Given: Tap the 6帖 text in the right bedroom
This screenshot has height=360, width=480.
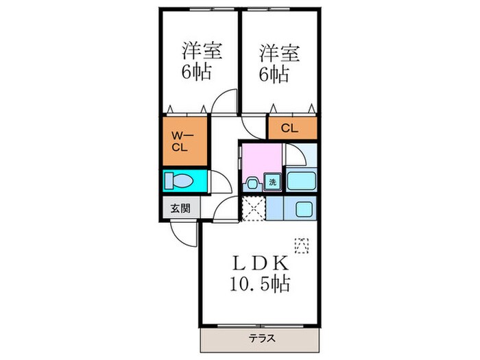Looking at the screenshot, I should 273,72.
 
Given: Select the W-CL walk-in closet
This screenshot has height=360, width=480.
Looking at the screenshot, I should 183,142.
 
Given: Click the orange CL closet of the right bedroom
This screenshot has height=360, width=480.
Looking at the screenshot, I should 291,128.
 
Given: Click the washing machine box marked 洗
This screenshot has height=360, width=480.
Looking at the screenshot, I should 272,182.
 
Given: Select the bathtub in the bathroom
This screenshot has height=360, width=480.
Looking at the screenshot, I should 300,182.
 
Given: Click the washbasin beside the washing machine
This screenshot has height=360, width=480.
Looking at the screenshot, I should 252,183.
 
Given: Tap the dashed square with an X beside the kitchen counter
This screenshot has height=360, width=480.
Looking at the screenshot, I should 253,208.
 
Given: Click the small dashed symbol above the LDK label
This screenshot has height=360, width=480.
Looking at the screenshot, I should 302,243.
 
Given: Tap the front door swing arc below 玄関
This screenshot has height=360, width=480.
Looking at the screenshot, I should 182,233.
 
